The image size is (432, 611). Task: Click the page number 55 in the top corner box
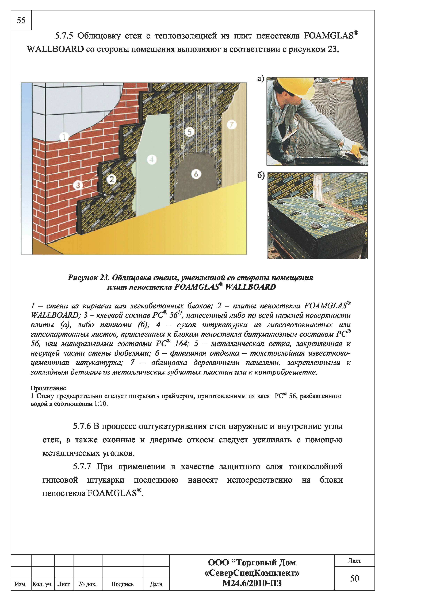click(x=21, y=20)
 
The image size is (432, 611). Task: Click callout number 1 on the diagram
click(x=64, y=137)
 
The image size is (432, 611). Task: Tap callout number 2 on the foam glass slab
click(x=112, y=179)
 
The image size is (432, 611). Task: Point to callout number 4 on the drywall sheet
click(x=152, y=160)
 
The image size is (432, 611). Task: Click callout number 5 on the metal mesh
click(x=190, y=132)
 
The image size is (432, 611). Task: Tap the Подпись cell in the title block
click(x=123, y=584)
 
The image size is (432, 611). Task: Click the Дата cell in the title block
click(x=156, y=584)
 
